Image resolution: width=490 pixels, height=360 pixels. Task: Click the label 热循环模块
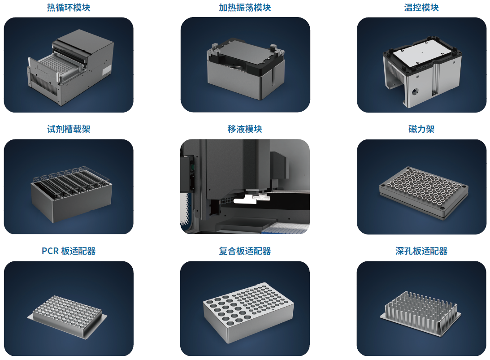click(x=69, y=8)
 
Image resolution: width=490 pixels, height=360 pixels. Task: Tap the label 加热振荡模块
click(x=245, y=8)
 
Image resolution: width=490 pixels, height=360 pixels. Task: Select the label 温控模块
click(x=421, y=8)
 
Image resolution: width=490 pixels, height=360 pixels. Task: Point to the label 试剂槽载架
click(x=69, y=129)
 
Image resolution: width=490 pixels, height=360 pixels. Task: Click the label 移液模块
click(x=245, y=129)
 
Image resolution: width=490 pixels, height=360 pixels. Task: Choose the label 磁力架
click(x=421, y=129)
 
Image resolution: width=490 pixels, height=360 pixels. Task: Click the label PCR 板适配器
click(x=69, y=251)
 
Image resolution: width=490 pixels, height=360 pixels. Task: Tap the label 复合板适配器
click(x=245, y=251)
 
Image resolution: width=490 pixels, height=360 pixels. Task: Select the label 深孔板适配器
click(x=421, y=251)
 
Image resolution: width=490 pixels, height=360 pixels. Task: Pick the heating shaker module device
click(x=245, y=69)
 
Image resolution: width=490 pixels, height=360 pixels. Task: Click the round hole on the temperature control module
click(x=415, y=91)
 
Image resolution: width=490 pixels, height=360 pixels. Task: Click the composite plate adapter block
click(x=248, y=312)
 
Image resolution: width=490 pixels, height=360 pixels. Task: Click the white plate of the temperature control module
click(x=422, y=54)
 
